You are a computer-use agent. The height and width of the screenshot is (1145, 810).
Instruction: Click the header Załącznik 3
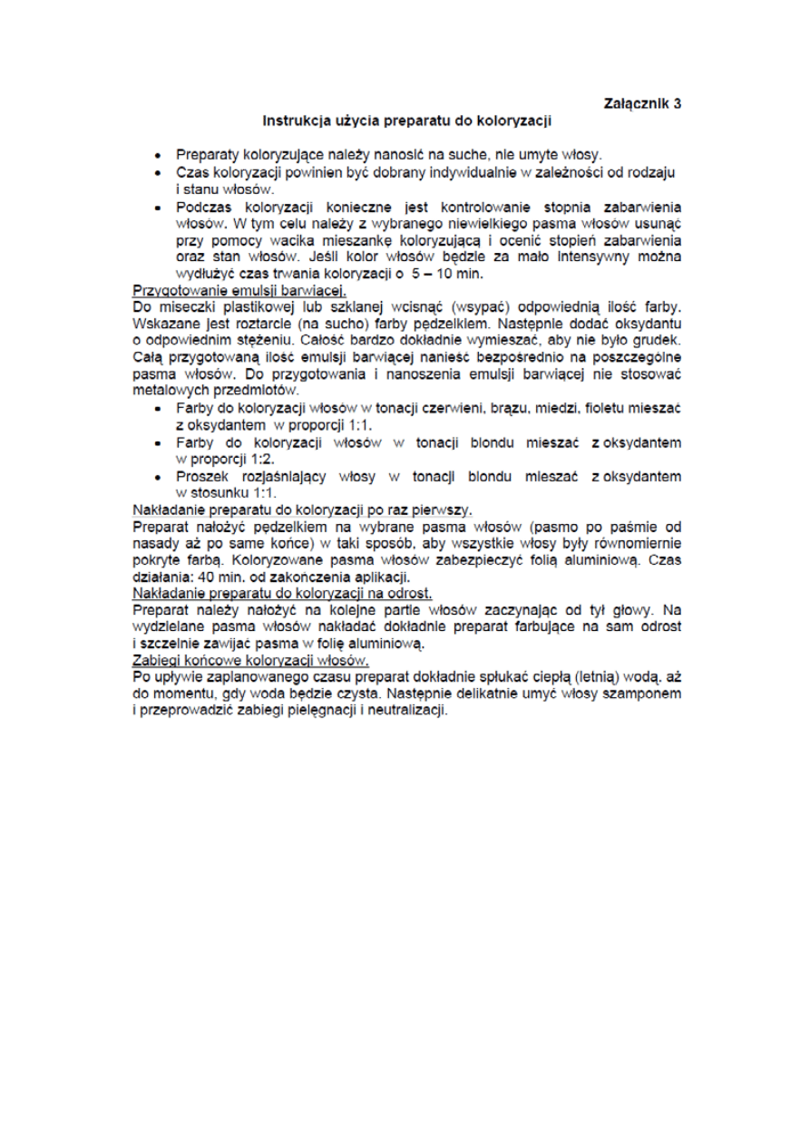pyautogui.click(x=642, y=103)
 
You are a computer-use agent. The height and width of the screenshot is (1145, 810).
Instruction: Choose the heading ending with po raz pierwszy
pyautogui.click(x=303, y=509)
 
